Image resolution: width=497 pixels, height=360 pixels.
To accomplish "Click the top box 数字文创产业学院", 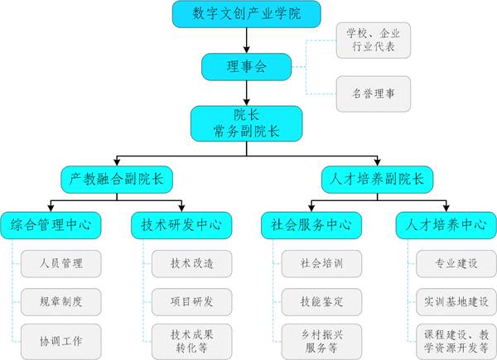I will click(x=246, y=14).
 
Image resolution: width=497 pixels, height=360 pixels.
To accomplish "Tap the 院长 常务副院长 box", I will click(x=246, y=122).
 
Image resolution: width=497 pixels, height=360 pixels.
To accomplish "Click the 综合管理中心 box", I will click(x=51, y=224).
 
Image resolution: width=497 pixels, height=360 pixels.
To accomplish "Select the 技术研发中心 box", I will click(x=181, y=224).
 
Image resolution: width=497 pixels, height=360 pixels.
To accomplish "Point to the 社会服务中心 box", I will click(x=311, y=224).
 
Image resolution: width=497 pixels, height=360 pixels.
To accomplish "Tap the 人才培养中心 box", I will click(x=441, y=224).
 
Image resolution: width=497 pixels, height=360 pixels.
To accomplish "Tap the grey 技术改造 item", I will click(x=191, y=264).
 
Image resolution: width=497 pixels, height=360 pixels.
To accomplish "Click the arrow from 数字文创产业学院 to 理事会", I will click(x=246, y=40).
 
